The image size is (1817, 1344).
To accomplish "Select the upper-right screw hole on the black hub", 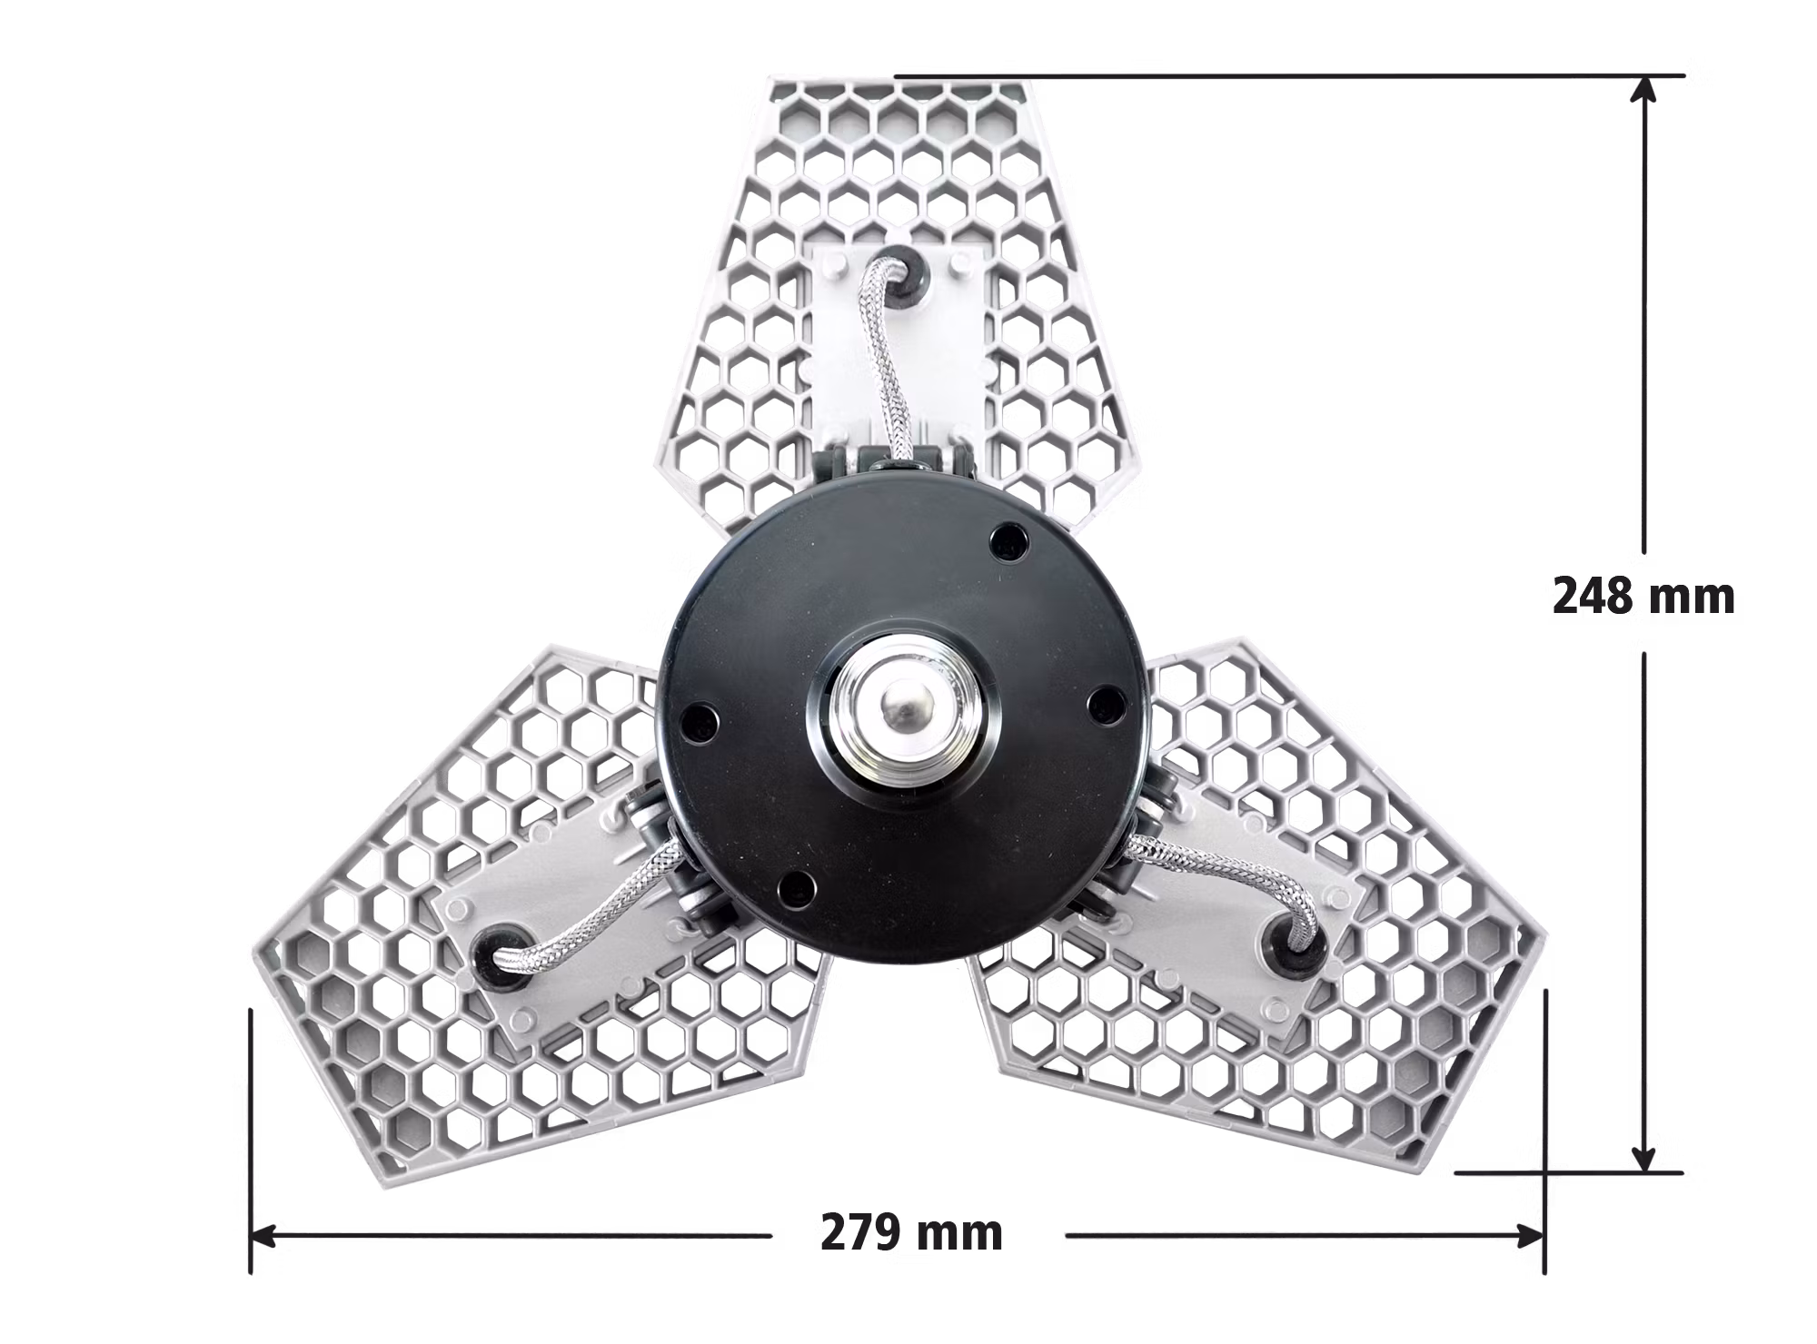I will click(1007, 541).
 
